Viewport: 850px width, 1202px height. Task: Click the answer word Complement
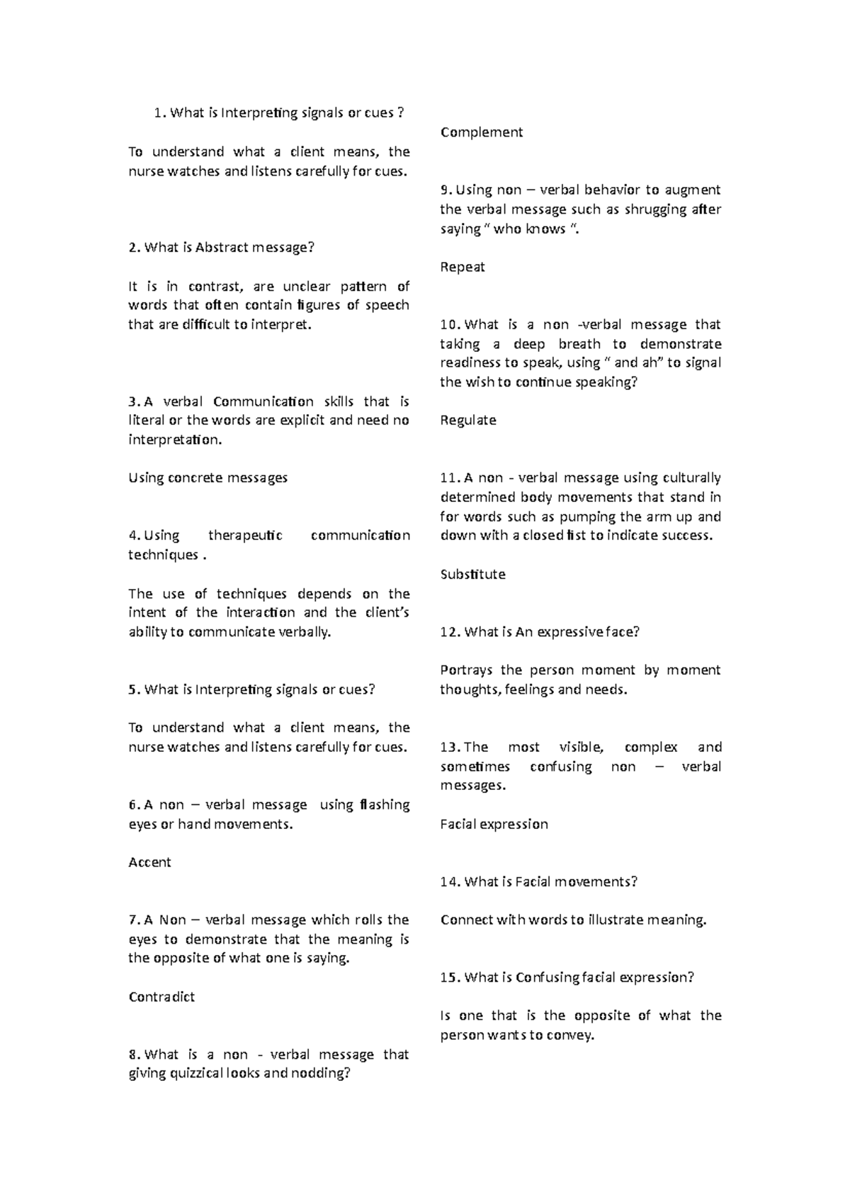481,132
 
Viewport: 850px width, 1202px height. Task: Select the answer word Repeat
462,267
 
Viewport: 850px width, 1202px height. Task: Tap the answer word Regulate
467,420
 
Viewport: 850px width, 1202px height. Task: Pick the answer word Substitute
472,574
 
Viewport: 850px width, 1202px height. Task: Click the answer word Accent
149,862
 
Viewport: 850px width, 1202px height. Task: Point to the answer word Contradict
161,997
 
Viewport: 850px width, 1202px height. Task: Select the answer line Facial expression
494,824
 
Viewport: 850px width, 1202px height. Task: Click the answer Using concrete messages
208,478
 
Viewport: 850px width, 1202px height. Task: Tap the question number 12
449,632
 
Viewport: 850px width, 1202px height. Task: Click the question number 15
449,978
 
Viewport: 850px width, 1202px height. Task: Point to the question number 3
132,401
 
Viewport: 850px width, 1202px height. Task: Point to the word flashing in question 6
385,805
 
